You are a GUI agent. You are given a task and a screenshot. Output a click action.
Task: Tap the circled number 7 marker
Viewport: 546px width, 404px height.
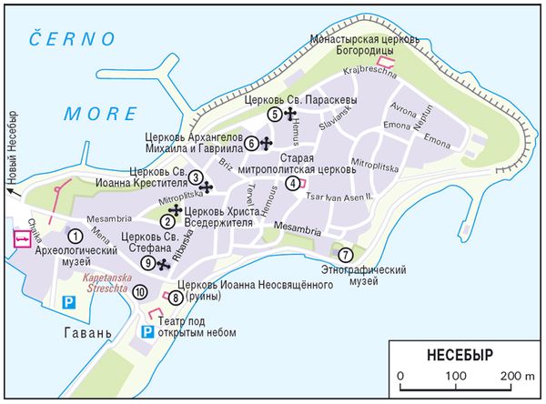(x=345, y=254)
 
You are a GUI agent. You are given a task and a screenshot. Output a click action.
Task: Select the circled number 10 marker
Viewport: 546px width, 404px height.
(x=139, y=292)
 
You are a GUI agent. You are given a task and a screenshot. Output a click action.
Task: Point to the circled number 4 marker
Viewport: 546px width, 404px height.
(x=291, y=183)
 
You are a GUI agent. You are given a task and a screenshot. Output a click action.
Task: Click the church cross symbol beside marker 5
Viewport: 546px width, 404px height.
(x=290, y=114)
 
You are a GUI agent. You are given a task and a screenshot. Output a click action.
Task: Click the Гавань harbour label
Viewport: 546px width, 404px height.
(x=87, y=332)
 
